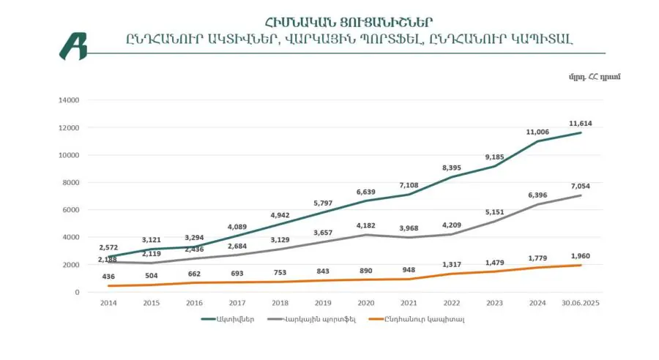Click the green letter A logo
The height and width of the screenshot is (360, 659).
pos(73,45)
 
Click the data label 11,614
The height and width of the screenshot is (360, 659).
pos(582,124)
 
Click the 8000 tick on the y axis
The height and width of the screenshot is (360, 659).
pos(70,182)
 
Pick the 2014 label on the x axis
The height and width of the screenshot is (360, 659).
pos(108,302)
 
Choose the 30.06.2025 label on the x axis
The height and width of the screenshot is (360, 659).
pos(581,302)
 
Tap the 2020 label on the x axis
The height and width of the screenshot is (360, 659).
pos(366,302)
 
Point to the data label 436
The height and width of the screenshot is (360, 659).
pos(108,276)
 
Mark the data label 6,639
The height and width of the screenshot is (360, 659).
pos(366,192)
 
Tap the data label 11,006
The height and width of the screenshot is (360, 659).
pos(538,132)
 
